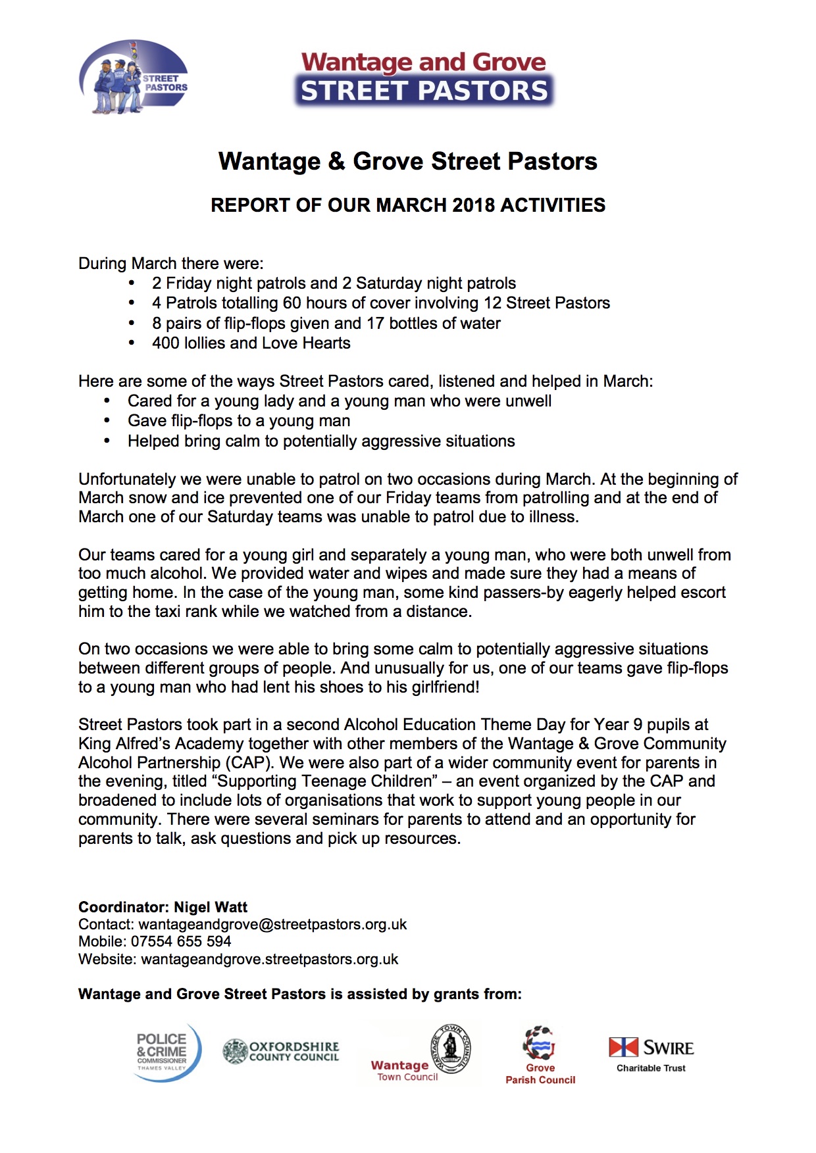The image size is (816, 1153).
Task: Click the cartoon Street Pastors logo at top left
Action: point(133,78)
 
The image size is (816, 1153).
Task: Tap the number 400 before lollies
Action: point(165,343)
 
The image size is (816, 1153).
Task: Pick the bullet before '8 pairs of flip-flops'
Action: point(132,324)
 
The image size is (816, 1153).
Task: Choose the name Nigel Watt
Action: point(211,908)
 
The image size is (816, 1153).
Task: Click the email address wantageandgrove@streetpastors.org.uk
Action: point(272,925)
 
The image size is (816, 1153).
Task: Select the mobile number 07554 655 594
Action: point(181,942)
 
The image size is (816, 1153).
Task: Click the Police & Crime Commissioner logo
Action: point(167,1051)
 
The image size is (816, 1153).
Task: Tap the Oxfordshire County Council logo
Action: point(281,1051)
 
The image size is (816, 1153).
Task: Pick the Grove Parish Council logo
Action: point(540,1055)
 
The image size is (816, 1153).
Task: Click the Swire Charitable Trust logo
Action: point(651,1054)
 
